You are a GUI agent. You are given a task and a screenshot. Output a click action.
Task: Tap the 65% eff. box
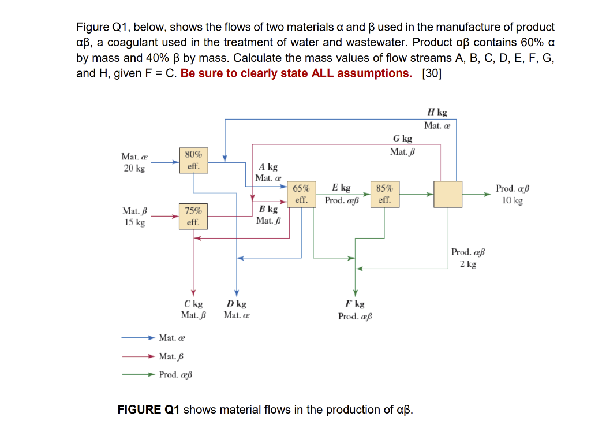pos(301,195)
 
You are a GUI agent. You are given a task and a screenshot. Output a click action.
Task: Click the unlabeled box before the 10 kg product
pos(448,195)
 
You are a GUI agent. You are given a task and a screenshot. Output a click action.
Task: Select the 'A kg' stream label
pos(268,167)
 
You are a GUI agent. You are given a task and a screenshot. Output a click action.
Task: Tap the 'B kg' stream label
pos(268,209)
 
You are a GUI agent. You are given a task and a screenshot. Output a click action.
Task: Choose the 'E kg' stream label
pos(341,188)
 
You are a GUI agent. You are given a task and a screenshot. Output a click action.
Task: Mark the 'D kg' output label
pos(236,304)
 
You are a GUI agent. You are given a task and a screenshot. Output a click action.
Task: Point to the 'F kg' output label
pos(355,304)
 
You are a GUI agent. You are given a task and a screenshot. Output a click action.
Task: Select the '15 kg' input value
pos(134,223)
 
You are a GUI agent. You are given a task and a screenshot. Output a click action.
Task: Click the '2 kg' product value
pos(468,264)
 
